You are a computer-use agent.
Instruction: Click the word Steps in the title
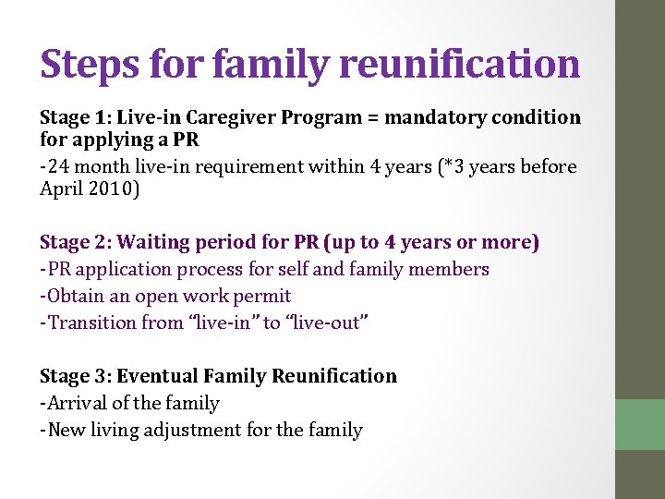click(90, 65)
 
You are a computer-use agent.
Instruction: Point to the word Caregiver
click(231, 117)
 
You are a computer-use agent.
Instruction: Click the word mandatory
click(436, 117)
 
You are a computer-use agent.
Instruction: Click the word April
click(61, 189)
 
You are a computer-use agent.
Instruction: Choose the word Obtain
click(78, 296)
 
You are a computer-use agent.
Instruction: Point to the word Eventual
click(158, 376)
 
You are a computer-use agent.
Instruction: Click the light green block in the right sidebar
click(640, 424)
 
